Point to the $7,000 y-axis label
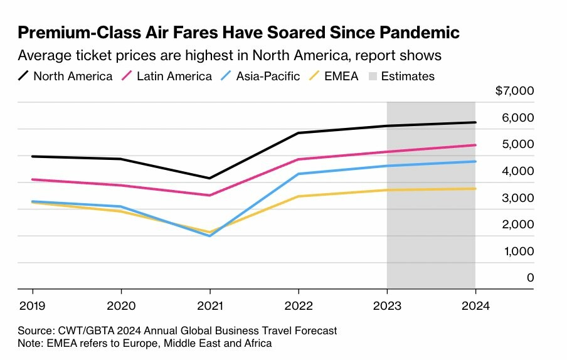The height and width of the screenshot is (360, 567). pos(514,91)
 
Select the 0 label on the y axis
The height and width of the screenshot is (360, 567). pos(530,277)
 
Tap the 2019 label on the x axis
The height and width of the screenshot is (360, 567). pos(33,308)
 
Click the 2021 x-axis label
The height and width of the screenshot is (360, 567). pos(209,308)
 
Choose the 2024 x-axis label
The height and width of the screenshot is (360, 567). pos(475,308)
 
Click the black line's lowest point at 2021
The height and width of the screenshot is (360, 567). pos(209,178)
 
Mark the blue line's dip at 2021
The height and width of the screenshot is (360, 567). pos(209,236)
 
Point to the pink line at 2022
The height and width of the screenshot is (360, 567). pos(298,159)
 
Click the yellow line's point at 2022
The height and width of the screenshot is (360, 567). pos(298,196)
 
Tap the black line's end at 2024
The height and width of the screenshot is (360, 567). pos(475,122)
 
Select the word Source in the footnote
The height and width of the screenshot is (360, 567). pos(36,330)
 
